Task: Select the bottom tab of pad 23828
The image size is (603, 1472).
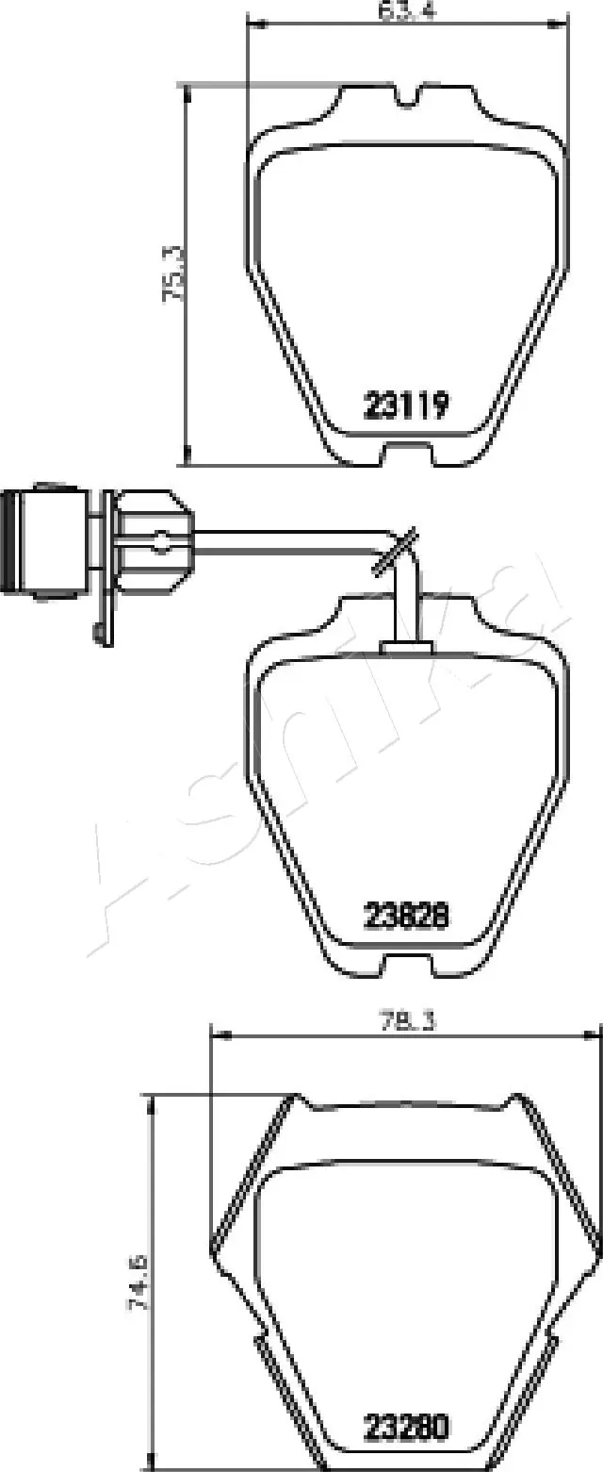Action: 407,964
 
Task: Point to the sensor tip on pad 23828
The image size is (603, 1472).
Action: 407,647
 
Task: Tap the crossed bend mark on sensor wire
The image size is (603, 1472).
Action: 394,552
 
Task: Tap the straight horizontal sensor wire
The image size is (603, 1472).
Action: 283,539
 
